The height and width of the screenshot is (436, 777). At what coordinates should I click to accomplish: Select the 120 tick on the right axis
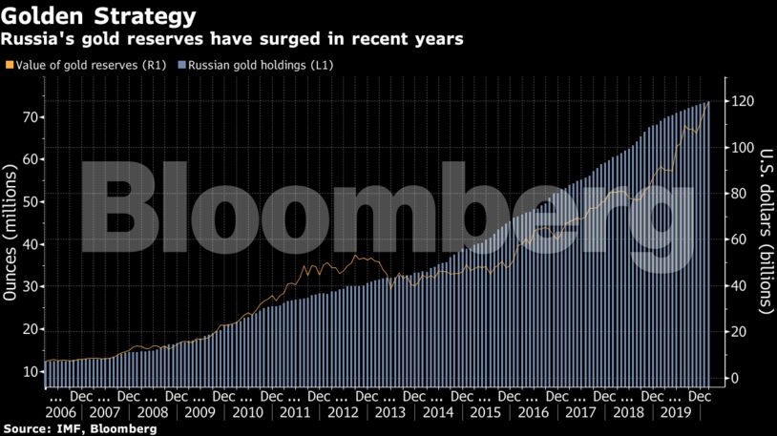745,102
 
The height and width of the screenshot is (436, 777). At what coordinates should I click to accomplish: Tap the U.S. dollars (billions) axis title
765,230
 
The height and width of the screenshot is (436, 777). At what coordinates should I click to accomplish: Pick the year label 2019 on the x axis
675,413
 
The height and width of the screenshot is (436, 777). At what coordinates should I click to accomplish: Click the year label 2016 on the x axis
532,413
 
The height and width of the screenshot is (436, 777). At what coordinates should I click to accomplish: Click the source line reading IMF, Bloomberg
79,429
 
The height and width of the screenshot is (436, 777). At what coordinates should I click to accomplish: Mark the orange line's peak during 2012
355,256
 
